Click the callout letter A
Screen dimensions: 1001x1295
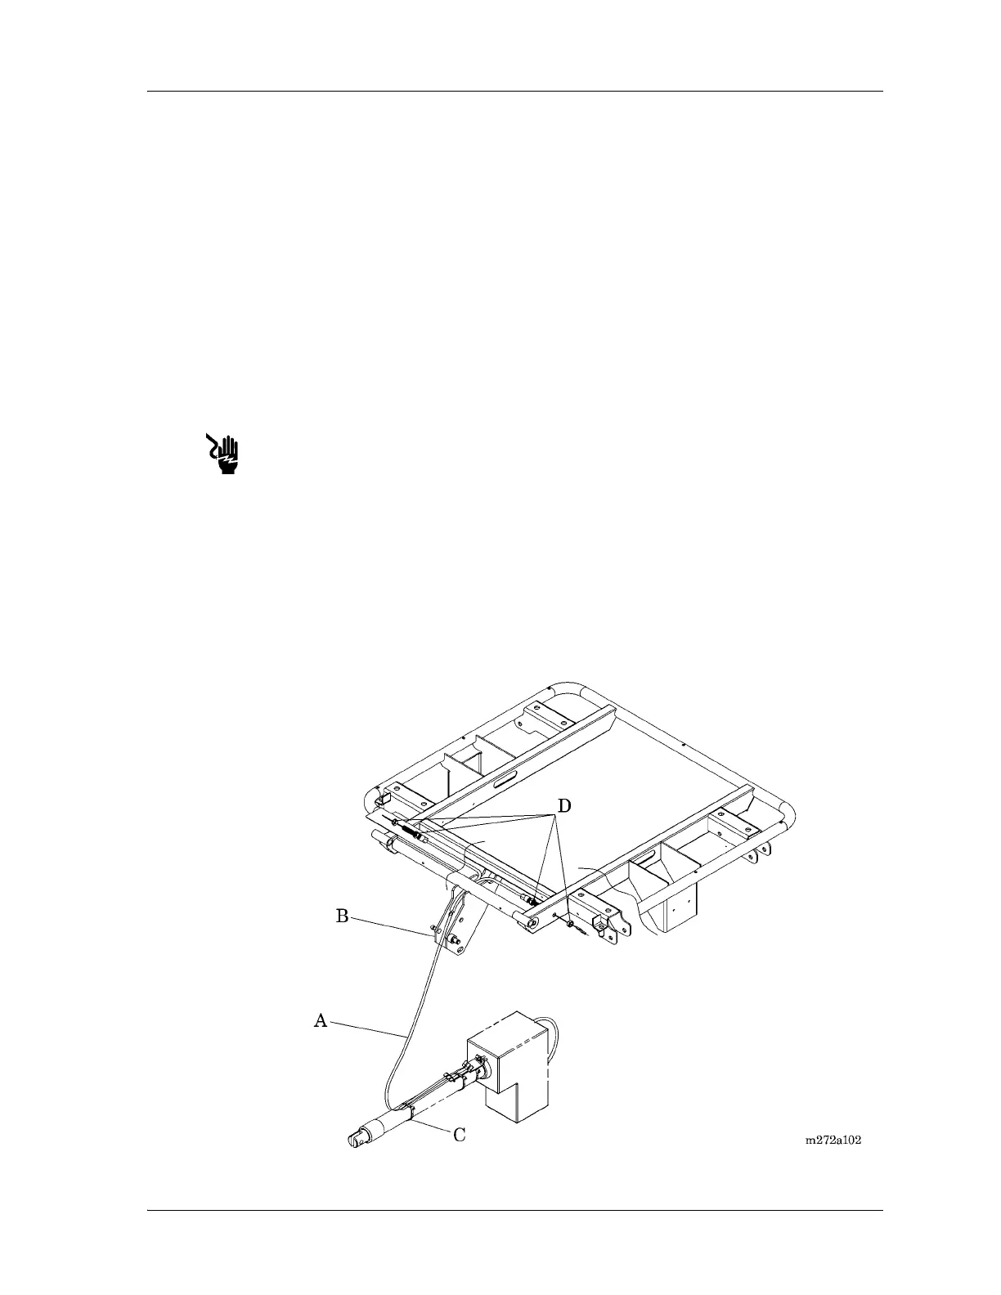pos(321,1020)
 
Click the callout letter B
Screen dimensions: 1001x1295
pos(343,916)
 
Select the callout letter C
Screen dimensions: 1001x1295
pos(460,1135)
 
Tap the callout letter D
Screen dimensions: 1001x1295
pos(563,806)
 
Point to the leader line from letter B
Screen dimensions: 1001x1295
pos(391,925)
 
